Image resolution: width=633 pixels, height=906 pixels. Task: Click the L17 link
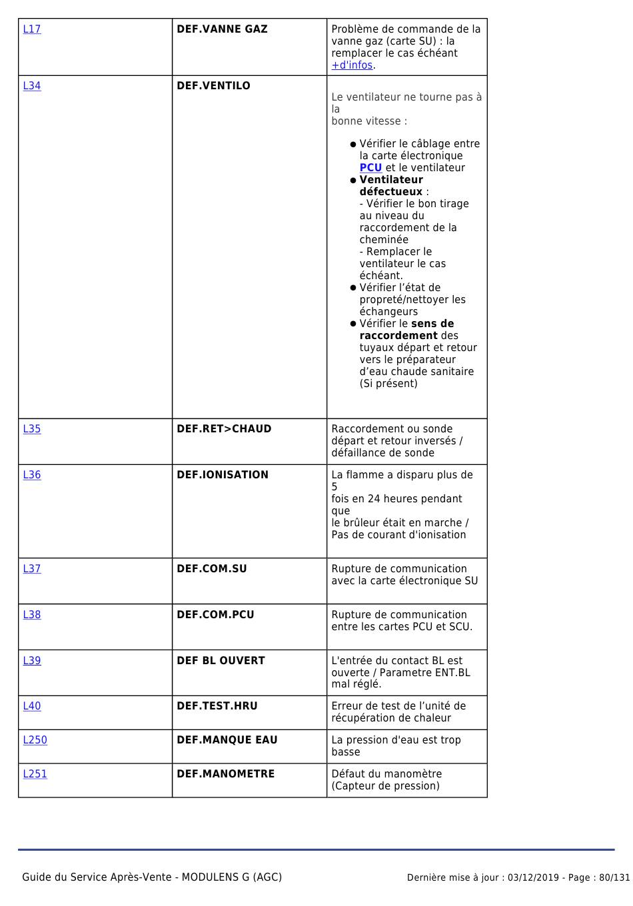point(32,29)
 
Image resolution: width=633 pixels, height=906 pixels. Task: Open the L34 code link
point(32,86)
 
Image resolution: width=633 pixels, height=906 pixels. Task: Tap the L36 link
point(32,475)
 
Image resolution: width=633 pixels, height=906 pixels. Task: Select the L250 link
point(35,740)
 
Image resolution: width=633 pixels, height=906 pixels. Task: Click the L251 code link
point(35,774)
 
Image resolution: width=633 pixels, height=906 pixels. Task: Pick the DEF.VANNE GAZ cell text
point(222,29)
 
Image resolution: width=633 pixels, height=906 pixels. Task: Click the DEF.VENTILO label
point(213,86)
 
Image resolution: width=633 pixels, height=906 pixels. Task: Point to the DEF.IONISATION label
point(223,475)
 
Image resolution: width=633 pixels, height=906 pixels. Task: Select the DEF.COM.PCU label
point(215,615)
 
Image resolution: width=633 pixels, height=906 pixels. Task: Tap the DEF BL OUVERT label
point(221,661)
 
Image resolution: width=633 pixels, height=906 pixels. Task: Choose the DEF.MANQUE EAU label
point(227,740)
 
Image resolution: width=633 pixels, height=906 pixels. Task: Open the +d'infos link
point(352,65)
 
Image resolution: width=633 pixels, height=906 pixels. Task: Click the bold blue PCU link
point(370,168)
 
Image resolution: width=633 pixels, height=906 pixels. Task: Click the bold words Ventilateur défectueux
point(391,186)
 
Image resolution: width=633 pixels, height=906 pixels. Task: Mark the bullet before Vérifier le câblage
point(353,145)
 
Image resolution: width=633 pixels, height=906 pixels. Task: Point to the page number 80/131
point(614,878)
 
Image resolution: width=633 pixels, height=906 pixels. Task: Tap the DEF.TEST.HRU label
point(217,706)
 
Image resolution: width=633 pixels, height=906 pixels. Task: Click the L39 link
point(32,661)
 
